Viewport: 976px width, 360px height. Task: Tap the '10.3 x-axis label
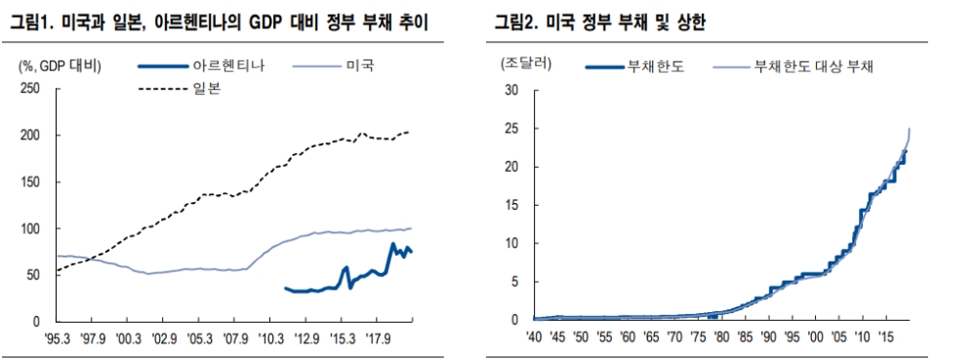point(269,339)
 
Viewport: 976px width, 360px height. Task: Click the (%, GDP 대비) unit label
point(61,65)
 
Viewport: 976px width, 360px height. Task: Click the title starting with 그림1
point(220,21)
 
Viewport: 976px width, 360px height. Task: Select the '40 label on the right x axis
point(535,338)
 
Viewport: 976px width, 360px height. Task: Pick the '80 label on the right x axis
point(720,338)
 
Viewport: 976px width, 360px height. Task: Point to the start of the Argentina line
point(284,288)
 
